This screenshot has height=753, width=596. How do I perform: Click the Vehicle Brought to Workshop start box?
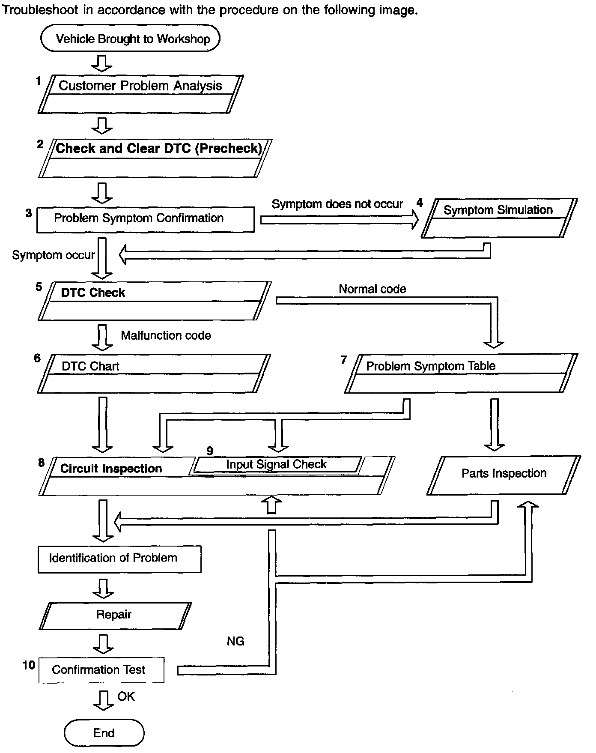(x=130, y=39)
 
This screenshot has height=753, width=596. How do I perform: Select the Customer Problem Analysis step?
(x=140, y=94)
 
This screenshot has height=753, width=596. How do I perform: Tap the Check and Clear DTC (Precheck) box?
(x=155, y=158)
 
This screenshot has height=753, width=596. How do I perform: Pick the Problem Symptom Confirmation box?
(x=146, y=220)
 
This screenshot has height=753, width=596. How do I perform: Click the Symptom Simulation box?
(x=499, y=218)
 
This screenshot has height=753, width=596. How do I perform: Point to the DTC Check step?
(x=155, y=301)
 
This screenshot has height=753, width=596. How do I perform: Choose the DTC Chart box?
(x=154, y=374)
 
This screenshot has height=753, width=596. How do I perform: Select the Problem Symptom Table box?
(x=461, y=373)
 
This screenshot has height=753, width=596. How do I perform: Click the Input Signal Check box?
(x=276, y=465)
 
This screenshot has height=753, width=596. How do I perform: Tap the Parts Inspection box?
(x=504, y=475)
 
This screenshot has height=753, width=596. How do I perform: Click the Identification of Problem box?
(x=119, y=559)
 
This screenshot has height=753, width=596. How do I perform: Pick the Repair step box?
(x=115, y=616)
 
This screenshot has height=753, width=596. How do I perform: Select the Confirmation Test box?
(x=101, y=670)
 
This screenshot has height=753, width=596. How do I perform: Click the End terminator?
(x=104, y=733)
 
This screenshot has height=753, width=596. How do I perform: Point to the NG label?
(x=235, y=641)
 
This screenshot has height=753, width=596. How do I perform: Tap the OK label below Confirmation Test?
(x=126, y=696)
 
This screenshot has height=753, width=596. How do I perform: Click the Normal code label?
(x=372, y=289)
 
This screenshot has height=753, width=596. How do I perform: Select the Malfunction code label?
(x=166, y=335)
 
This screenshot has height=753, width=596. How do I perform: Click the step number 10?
(x=29, y=665)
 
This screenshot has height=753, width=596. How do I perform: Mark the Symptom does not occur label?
(x=337, y=204)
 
